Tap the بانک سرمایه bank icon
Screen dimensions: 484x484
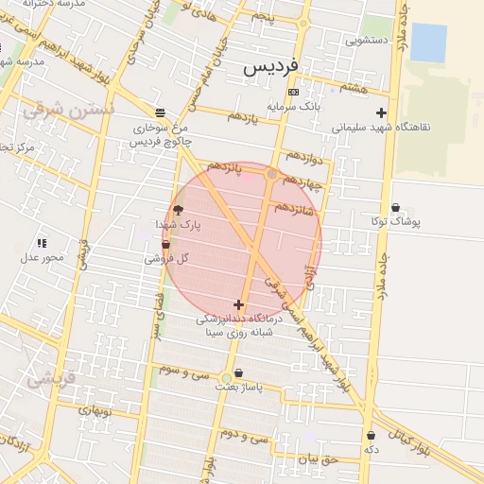point(293,92)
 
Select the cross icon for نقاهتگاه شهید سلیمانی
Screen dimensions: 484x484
point(382,112)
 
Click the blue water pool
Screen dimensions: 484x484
point(428,43)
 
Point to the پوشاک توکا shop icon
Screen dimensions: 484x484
point(394,207)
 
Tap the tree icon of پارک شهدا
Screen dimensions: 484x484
point(179,210)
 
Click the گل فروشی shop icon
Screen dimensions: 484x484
point(166,245)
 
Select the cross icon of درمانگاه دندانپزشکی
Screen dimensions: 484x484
point(237,304)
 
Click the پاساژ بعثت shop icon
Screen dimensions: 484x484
point(237,372)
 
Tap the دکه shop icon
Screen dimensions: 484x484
point(371,436)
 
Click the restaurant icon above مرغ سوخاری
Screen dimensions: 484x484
point(160,112)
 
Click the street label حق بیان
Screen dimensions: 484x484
point(318,458)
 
